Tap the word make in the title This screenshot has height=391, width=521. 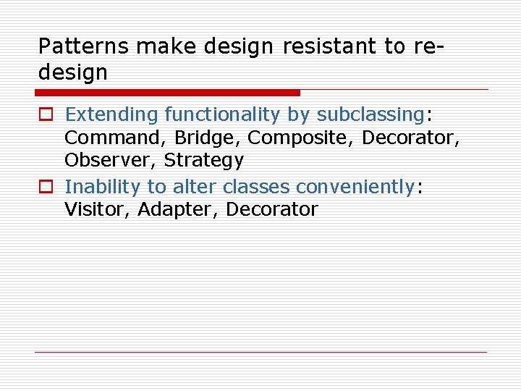pos(166,46)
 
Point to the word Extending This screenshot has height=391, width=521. pos(111,114)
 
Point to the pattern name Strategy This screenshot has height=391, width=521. pos(204,160)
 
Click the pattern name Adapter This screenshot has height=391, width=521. pos(177,209)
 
